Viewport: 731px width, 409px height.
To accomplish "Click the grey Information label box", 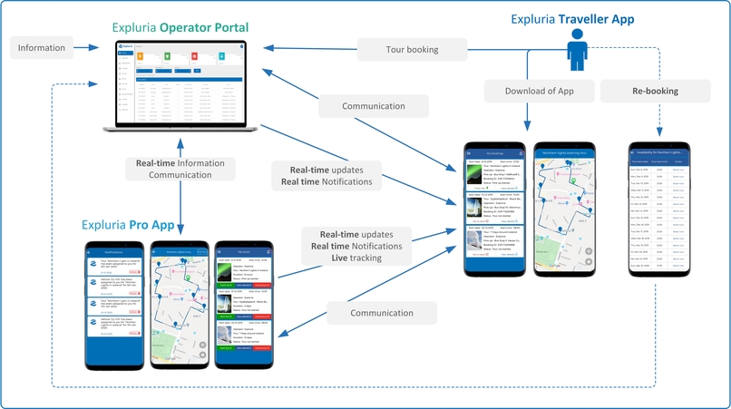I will [x=42, y=48].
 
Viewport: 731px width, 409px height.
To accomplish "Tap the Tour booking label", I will [x=412, y=49].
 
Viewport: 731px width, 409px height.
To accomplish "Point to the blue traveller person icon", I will [x=578, y=50].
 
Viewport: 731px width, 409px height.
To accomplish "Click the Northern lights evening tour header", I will [x=563, y=154].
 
